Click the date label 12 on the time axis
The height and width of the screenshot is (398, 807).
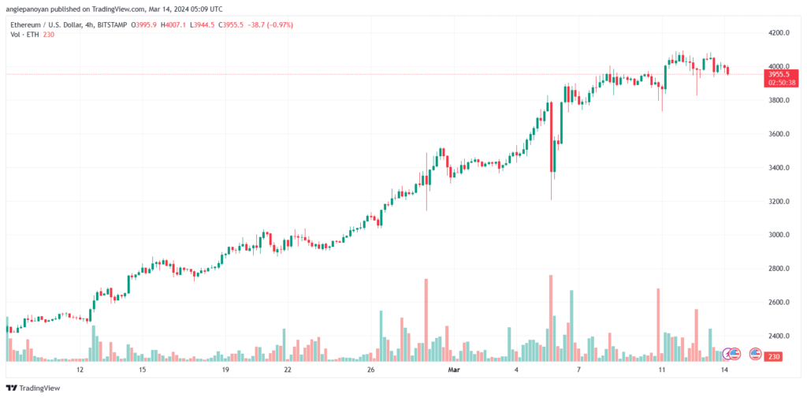[80, 370]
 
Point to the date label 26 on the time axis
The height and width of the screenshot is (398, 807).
[370, 370]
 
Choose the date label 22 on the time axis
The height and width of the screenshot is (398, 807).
[288, 370]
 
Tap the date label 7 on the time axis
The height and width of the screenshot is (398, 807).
[578, 370]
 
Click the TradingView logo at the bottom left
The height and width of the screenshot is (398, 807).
[33, 389]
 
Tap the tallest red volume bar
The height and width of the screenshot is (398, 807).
[551, 318]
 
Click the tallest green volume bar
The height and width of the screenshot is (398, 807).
[571, 326]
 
